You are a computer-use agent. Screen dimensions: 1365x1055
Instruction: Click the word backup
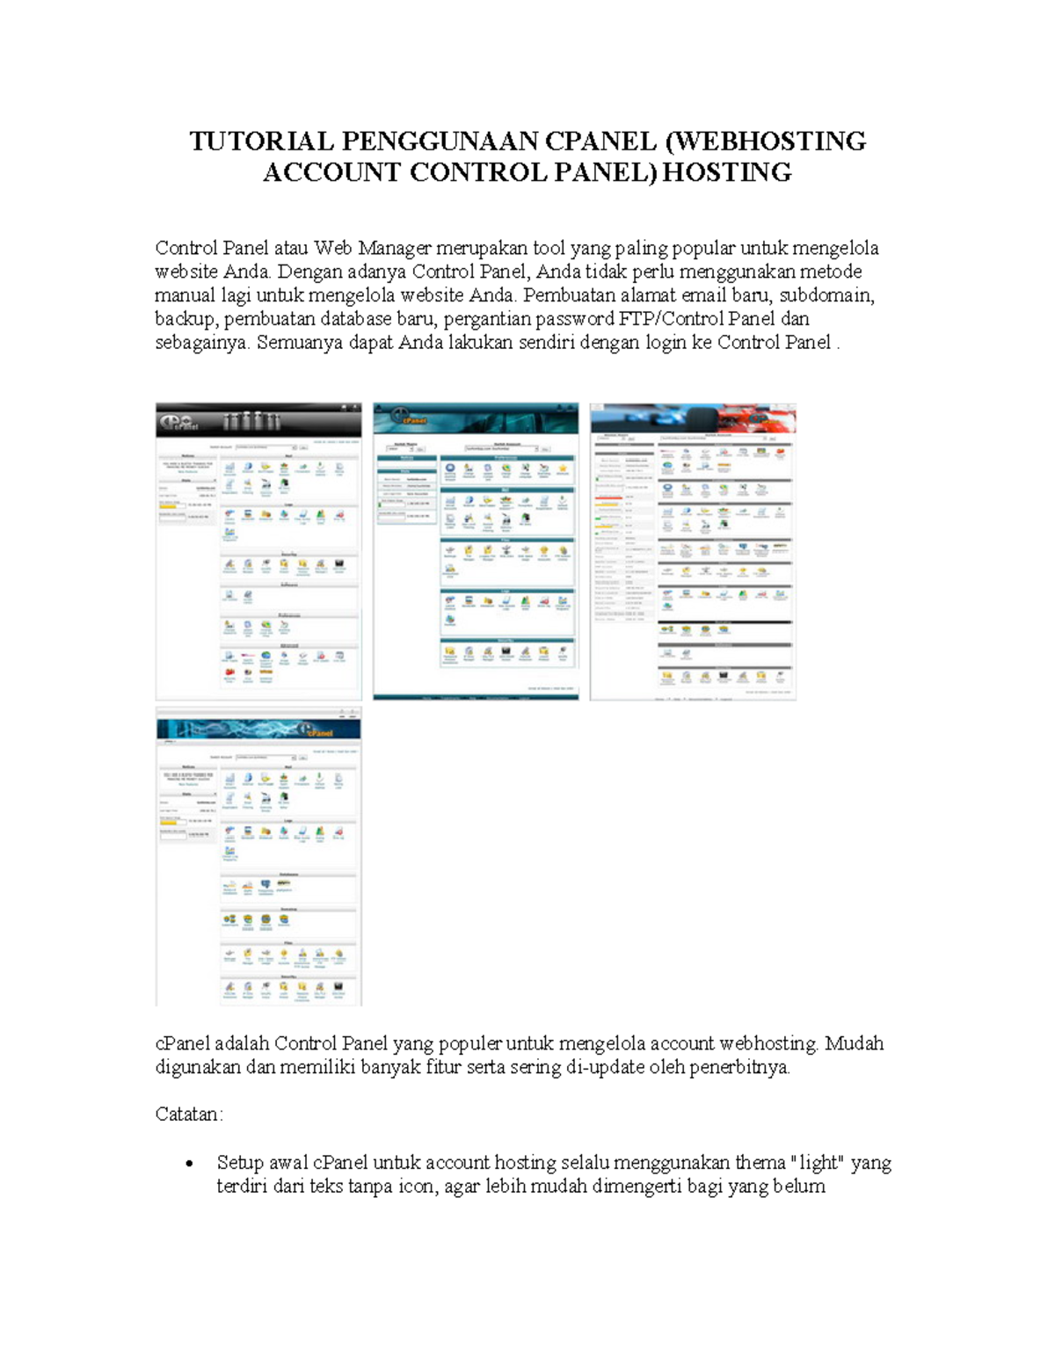tap(186, 319)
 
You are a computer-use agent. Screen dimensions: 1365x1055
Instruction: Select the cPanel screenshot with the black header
tap(258, 551)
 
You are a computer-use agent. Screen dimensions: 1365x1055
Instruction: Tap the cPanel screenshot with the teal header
tap(476, 551)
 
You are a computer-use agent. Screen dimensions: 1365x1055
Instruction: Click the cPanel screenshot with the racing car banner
tap(693, 551)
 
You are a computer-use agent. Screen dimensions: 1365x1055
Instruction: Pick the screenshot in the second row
tap(258, 857)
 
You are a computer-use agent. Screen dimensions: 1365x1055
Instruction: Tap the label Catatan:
tap(189, 1115)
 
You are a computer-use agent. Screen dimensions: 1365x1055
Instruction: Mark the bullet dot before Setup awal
tap(189, 1165)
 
